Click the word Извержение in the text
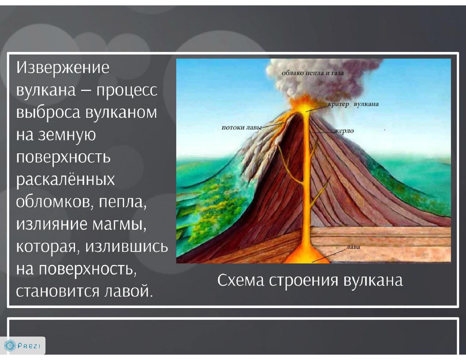[x=63, y=67]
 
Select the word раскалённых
[x=66, y=179]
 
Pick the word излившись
[x=127, y=247]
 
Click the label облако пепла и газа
[x=313, y=73]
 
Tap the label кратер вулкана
[x=353, y=104]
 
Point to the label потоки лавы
[x=241, y=128]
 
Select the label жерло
[x=344, y=131]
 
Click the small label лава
[x=353, y=247]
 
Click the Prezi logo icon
[x=11, y=345]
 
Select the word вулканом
[x=121, y=112]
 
